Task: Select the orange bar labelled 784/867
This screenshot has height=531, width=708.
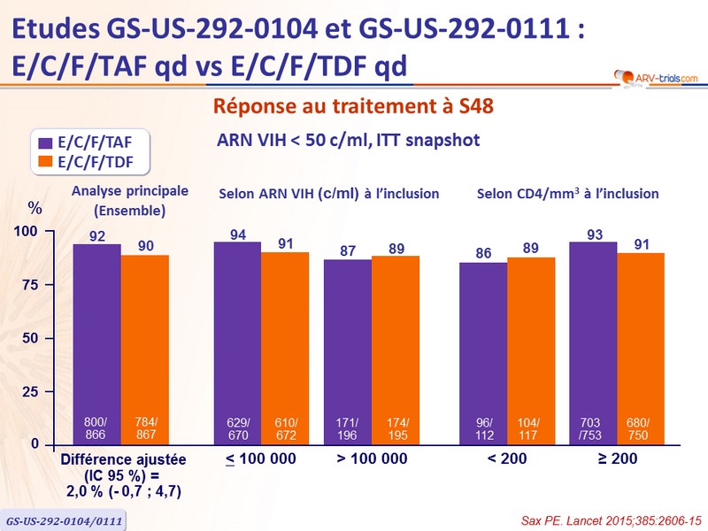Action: [144, 349]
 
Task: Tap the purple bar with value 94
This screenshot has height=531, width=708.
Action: [237, 342]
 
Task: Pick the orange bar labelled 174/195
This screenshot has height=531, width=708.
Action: [395, 349]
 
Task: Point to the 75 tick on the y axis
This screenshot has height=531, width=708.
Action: [30, 285]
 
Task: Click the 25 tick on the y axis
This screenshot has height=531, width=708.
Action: [30, 391]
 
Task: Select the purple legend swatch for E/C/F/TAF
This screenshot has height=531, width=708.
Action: [44, 141]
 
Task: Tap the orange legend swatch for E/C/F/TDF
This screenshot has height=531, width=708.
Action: [44, 161]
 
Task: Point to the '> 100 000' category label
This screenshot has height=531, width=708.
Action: [372, 459]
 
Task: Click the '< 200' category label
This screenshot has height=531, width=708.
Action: [506, 459]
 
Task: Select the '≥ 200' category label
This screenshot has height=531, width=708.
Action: [616, 459]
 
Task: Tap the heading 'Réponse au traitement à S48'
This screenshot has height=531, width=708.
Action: [353, 106]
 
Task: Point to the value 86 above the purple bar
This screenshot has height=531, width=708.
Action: [483, 253]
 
